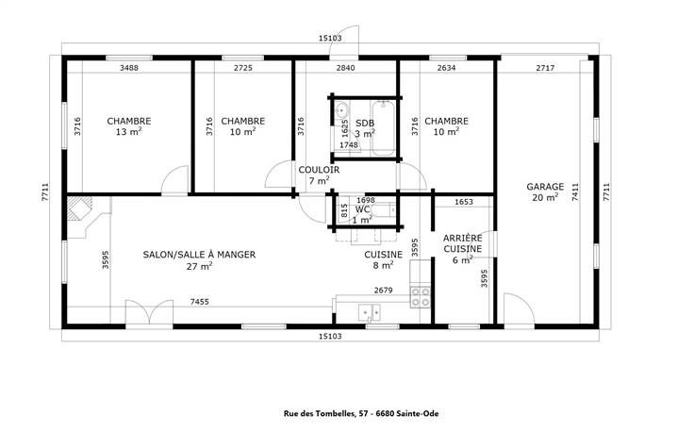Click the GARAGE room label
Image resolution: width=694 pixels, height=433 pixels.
coord(545,187)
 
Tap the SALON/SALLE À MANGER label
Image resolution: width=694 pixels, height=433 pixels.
coord(199,255)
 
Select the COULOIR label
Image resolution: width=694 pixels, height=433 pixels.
coord(319,170)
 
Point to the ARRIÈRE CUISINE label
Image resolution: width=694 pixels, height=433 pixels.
coord(463,243)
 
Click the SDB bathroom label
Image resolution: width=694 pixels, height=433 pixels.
coord(365,123)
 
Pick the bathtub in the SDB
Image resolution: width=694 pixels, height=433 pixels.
coord(383,128)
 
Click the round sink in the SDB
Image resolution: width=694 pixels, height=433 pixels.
coord(341,109)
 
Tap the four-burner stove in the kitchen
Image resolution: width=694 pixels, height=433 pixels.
coord(420,297)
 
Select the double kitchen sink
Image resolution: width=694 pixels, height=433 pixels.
coord(369,312)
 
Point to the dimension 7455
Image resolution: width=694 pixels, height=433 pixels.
coord(200,302)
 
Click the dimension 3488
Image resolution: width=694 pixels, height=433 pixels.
coord(129,68)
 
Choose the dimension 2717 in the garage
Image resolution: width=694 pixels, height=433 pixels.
coord(545,68)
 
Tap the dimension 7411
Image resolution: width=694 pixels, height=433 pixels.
coord(575,192)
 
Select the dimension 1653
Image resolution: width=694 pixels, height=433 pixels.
coord(464,202)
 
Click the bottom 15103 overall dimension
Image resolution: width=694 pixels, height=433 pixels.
coord(330,336)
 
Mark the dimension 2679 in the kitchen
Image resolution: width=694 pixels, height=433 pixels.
coord(383,291)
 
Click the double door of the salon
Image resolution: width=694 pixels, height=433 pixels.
coord(149,312)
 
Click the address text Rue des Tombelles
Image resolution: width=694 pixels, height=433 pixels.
coord(319,414)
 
